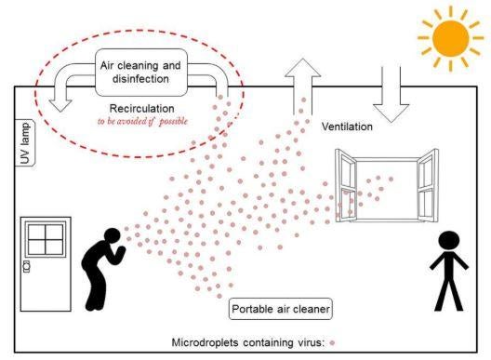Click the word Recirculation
click(140, 108)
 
